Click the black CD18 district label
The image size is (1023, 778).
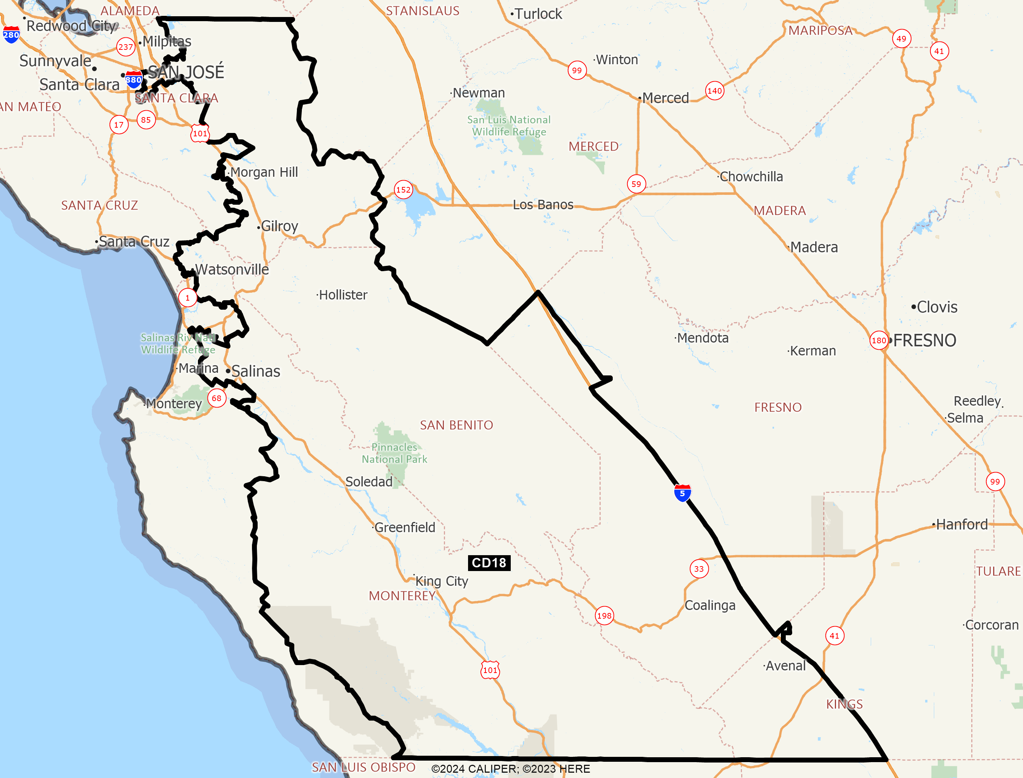[489, 563]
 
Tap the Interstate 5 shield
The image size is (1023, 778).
[682, 493]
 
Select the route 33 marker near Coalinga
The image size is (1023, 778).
[699, 569]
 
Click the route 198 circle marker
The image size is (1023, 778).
[604, 616]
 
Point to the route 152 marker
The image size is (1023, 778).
[403, 190]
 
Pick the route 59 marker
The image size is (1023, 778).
[636, 184]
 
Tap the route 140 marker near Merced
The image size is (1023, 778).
[715, 91]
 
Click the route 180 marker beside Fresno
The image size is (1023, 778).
[879, 340]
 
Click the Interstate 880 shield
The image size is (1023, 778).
[133, 79]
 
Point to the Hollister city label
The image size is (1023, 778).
[343, 295]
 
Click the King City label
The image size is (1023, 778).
[441, 581]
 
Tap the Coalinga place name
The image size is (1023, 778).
[709, 605]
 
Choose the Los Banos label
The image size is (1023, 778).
[543, 205]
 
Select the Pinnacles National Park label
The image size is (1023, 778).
[394, 453]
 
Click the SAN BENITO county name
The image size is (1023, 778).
[456, 425]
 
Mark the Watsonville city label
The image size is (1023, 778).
[232, 270]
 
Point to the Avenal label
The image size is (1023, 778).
[785, 666]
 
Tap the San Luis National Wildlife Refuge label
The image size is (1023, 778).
[508, 125]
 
